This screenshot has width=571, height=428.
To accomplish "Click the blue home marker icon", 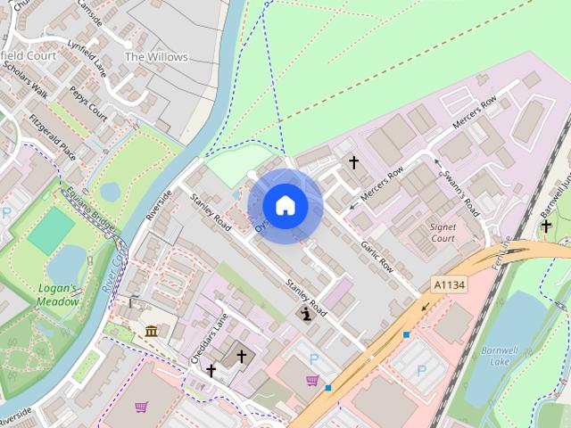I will (285, 206).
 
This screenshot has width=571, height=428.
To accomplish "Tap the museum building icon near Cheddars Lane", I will (152, 333).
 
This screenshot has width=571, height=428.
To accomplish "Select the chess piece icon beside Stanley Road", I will (306, 314).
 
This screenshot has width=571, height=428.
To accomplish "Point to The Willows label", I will (156, 57).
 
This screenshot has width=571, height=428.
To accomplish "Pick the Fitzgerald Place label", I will (52, 139).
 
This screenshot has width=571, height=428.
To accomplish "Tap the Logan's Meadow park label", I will (59, 294).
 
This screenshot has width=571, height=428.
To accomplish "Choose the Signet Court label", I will (443, 233).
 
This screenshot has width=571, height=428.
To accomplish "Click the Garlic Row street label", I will (377, 255).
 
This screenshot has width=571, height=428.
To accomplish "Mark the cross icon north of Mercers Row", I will (353, 162).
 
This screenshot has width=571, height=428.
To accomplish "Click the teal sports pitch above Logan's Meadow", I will (51, 230).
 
